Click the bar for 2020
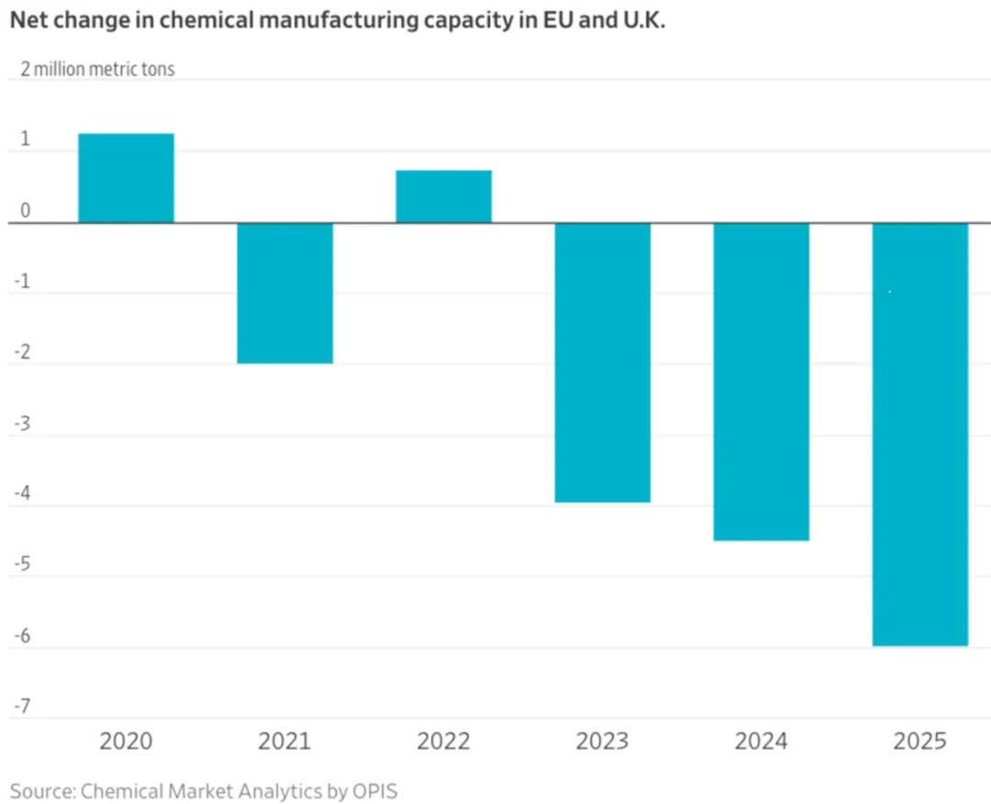tap(126, 178)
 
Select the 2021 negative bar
tap(284, 293)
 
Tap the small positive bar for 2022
tap(443, 196)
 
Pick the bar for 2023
tap(602, 363)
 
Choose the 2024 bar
tap(761, 382)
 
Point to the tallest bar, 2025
tap(919, 434)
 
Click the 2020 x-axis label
tap(126, 741)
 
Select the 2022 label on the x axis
tap(443, 741)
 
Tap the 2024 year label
tap(761, 741)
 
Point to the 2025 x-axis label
tap(919, 741)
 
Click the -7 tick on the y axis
tap(22, 706)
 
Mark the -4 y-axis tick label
tap(22, 494)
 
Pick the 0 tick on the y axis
tap(25, 211)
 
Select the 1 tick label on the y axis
tap(25, 140)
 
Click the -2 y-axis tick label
tap(22, 352)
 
